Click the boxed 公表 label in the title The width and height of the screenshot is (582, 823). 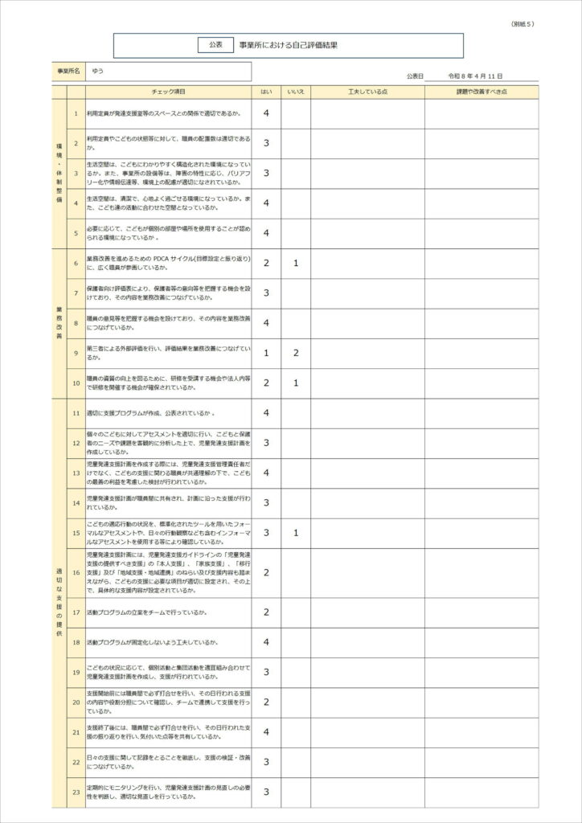pos(215,46)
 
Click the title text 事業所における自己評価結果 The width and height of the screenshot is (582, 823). pos(288,46)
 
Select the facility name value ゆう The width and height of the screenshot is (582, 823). pos(98,72)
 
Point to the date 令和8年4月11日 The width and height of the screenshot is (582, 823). pos(481,76)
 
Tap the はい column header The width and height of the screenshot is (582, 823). pos(266,92)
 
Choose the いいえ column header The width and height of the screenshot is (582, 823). pos(296,92)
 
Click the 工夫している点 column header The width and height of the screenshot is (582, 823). pos(367,92)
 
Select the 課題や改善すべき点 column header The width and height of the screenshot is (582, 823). pos(482,92)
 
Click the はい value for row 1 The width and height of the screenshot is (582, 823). pos(266,113)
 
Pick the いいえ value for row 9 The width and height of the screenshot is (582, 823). pos(296,353)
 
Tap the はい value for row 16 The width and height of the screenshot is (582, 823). pos(266,572)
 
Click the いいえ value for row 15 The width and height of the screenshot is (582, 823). pos(296,532)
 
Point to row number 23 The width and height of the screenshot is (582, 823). pos(76,792)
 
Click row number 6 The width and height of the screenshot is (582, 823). pos(76,263)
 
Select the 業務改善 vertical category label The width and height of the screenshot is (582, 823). pos(59,323)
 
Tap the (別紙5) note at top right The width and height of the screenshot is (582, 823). pos(523,24)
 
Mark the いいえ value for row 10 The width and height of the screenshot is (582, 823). pos(296,383)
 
